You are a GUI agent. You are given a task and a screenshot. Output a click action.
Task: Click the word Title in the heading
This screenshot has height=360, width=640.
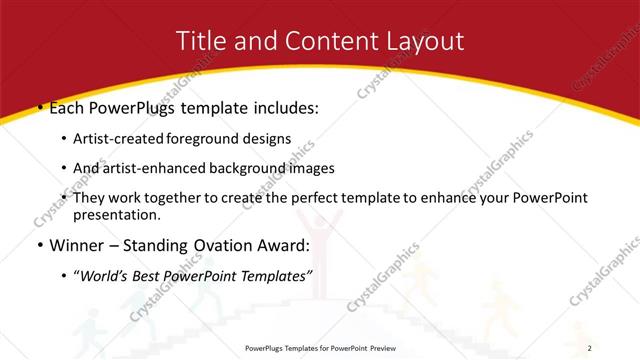click(x=201, y=41)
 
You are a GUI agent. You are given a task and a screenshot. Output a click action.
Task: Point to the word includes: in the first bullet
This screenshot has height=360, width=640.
click(x=284, y=106)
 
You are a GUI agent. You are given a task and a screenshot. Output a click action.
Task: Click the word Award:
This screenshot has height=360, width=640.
click(x=292, y=244)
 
